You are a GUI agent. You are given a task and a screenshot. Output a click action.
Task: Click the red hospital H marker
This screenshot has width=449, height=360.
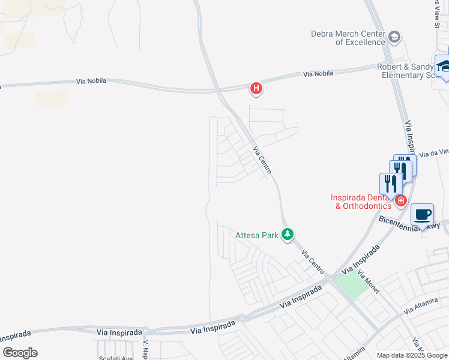click(x=256, y=89)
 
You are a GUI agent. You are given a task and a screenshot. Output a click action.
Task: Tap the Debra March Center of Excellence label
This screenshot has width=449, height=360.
click(x=348, y=38)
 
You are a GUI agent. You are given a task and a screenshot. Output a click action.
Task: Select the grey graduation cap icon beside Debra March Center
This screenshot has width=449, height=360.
click(x=394, y=38)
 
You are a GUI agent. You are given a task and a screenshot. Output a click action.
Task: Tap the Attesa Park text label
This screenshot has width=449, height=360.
click(x=257, y=235)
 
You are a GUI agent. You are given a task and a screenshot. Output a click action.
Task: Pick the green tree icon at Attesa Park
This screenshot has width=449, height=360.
click(x=288, y=235)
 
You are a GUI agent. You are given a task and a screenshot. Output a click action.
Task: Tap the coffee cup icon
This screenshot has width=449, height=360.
click(x=422, y=214)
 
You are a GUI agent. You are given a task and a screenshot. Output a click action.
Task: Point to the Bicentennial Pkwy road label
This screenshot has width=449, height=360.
click(x=409, y=223)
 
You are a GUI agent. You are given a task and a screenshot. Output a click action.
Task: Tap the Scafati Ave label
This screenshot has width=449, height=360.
click(x=115, y=358)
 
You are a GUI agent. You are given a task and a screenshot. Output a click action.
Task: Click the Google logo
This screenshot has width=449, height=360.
click(x=20, y=353)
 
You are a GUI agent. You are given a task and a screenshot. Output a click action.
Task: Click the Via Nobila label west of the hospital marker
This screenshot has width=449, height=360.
click(x=91, y=81)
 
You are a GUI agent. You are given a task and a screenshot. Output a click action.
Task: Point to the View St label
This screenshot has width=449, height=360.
click(x=436, y=13)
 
